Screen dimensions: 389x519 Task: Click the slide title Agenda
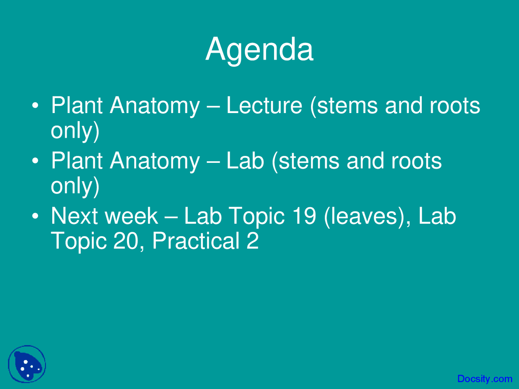click(x=259, y=49)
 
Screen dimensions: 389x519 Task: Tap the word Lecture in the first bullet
click(x=264, y=106)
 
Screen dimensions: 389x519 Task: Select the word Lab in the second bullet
click(x=245, y=161)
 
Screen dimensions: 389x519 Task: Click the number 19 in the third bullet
click(x=304, y=216)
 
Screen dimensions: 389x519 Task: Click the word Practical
click(x=195, y=241)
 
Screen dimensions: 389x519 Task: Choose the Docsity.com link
click(x=485, y=379)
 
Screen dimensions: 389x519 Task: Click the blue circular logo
click(x=27, y=364)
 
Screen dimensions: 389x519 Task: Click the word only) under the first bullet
click(x=75, y=131)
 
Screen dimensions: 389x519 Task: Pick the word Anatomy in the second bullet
click(x=154, y=161)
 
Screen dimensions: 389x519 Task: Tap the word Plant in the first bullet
click(x=77, y=106)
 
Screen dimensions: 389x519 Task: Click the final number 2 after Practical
click(x=252, y=241)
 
